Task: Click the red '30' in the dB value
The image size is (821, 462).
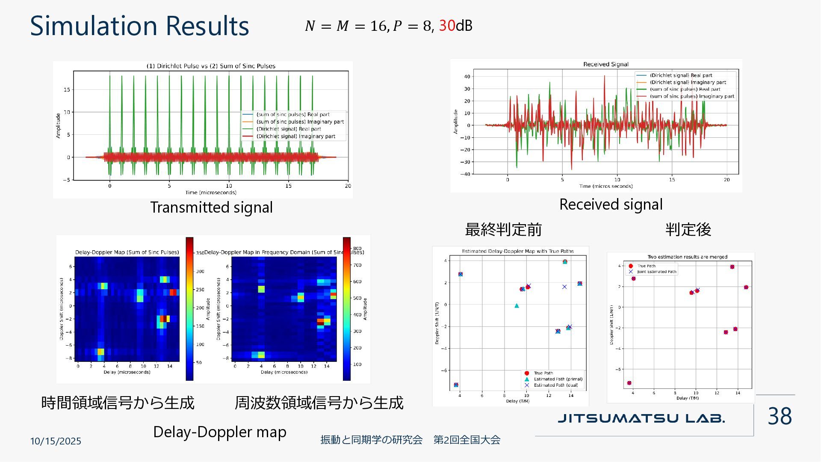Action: tap(447, 26)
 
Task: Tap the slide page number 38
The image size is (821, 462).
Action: tap(780, 416)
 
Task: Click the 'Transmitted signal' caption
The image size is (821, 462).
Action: tap(211, 207)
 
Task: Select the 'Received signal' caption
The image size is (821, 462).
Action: tap(611, 204)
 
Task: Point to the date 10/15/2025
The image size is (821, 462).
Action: tap(56, 441)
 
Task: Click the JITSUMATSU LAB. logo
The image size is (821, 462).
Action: tap(641, 418)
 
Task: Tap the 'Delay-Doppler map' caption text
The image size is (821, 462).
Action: tap(220, 432)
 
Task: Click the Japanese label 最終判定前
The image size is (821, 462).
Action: tap(503, 230)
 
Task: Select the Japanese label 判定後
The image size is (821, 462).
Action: tap(688, 230)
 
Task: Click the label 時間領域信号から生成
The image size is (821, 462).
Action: tap(118, 403)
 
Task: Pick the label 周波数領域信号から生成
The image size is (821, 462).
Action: tap(319, 403)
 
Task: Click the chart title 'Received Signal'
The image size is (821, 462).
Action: tap(606, 64)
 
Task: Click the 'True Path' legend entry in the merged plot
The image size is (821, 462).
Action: tap(646, 266)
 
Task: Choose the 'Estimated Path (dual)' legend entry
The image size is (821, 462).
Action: tap(555, 385)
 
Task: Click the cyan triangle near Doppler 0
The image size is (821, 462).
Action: tap(517, 306)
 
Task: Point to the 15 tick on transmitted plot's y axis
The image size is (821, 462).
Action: tap(67, 90)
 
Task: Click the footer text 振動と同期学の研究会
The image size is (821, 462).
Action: tap(371, 440)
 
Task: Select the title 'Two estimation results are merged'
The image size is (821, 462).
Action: tap(687, 257)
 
